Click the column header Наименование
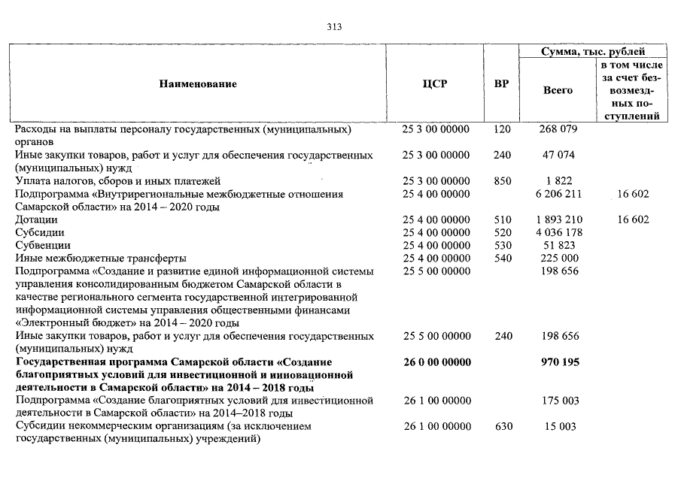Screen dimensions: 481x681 (198, 83)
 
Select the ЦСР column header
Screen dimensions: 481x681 (435, 83)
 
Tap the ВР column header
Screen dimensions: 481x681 (500, 83)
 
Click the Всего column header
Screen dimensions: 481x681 (558, 90)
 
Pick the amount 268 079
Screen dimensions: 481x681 (558, 129)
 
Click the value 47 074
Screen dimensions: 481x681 (558, 155)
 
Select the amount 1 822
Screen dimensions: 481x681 (558, 181)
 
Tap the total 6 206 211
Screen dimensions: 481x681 (558, 194)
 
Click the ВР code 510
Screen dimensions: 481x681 (502, 219)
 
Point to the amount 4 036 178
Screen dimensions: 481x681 (558, 232)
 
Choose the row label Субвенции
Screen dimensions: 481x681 (43, 245)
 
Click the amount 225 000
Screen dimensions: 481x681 (558, 258)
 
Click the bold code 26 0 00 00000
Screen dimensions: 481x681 (436, 362)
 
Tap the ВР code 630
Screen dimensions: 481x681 (503, 426)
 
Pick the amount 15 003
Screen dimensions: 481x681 (558, 426)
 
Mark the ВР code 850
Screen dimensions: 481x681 (502, 181)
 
